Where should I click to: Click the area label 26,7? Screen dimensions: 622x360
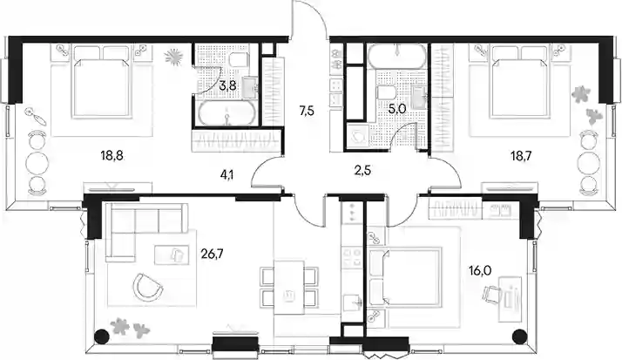pyautogui.click(x=212, y=254)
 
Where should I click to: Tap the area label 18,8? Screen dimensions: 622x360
pyautogui.click(x=112, y=156)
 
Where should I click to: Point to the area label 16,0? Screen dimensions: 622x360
pyautogui.click(x=480, y=271)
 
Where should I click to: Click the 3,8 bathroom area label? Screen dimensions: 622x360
pyautogui.click(x=227, y=85)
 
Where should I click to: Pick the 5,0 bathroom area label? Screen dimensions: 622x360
pyautogui.click(x=397, y=109)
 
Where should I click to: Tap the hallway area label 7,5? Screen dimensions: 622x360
pyautogui.click(x=307, y=111)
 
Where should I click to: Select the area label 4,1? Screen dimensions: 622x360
pyautogui.click(x=226, y=174)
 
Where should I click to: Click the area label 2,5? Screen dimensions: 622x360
pyautogui.click(x=363, y=171)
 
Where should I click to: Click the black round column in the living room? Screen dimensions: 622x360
pyautogui.click(x=102, y=336)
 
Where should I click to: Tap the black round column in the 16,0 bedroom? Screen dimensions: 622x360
pyautogui.click(x=520, y=336)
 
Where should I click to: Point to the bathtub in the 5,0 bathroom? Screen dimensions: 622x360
pyautogui.click(x=397, y=56)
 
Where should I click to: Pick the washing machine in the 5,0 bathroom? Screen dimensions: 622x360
pyautogui.click(x=360, y=135)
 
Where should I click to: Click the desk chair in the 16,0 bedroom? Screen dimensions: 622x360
pyautogui.click(x=490, y=295)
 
